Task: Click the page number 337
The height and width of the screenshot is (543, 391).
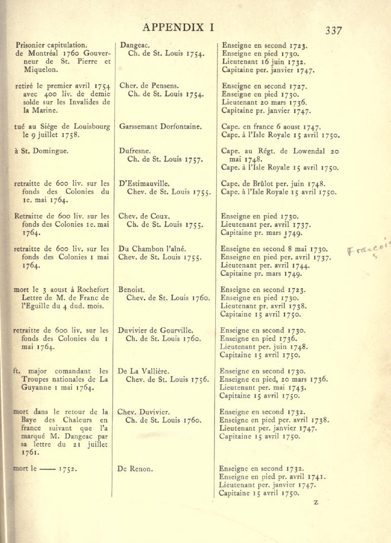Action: pyautogui.click(x=333, y=30)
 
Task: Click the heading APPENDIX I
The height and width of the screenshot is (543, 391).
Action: pyautogui.click(x=178, y=27)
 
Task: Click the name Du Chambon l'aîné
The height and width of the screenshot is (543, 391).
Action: pyautogui.click(x=152, y=248)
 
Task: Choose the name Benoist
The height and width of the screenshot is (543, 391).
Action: pyautogui.click(x=132, y=290)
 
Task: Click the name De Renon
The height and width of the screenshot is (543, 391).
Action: pyautogui.click(x=135, y=469)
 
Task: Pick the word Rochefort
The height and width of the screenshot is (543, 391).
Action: pyautogui.click(x=87, y=289)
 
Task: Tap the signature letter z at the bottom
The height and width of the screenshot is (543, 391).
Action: pyautogui.click(x=316, y=502)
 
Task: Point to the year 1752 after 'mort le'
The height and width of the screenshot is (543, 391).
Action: pyautogui.click(x=68, y=469)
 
